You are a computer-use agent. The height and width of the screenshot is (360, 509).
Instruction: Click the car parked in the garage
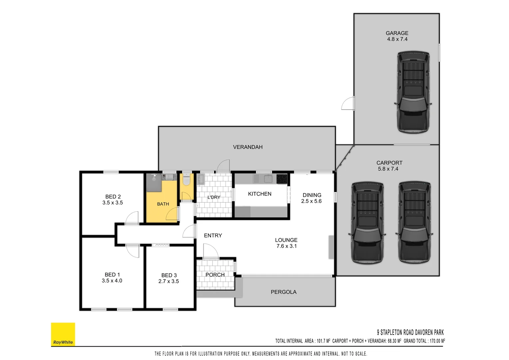[413, 92]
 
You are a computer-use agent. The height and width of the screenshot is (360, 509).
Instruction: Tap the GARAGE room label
[397, 33]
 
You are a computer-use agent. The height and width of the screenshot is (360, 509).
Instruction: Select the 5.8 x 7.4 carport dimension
[388, 169]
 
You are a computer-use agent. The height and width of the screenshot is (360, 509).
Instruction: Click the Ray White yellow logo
[63, 334]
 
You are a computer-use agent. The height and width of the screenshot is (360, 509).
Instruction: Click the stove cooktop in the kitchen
[282, 179]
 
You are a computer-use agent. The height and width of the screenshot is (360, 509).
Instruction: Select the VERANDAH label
[248, 147]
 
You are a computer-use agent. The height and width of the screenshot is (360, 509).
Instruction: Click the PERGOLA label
[283, 292]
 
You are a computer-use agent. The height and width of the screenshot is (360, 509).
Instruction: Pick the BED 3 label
[169, 275]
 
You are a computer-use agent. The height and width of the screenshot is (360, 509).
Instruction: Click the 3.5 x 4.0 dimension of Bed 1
[112, 281]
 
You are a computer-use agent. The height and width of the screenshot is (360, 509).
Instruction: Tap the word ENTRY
[213, 236]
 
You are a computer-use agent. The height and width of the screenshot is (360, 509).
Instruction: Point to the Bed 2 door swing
[133, 218]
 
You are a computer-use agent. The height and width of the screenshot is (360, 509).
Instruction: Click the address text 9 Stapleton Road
[410, 332]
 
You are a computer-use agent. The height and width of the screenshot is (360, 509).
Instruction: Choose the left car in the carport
[367, 223]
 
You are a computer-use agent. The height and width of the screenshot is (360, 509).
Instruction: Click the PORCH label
[215, 275]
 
